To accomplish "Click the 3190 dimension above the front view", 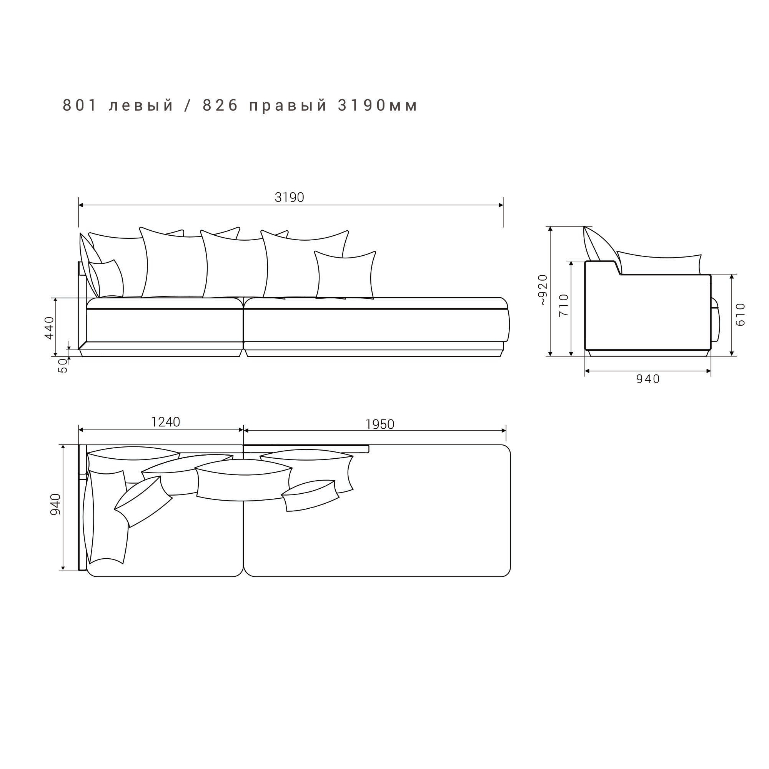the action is (x=290, y=197).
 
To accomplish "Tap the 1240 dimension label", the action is (x=166, y=422).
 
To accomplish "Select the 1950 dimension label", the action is (x=380, y=425).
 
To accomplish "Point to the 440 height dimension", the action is (x=49, y=328).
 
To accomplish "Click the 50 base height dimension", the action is (x=63, y=365).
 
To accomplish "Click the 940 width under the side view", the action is (x=648, y=379).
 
